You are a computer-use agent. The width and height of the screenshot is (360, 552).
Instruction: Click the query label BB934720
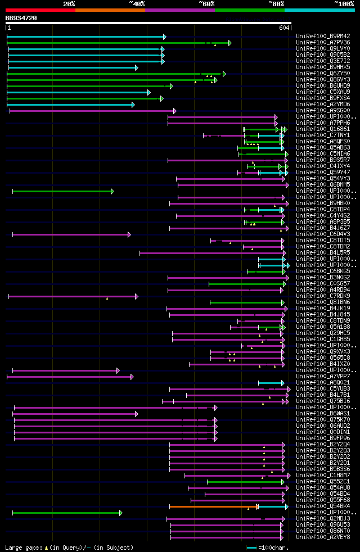pos(21,18)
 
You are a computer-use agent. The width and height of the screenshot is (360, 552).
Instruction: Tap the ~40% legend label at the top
pos(137,3)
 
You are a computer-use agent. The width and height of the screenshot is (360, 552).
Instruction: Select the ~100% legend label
pos(344,3)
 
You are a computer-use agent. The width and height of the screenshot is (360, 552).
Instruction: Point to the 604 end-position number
pos(283,28)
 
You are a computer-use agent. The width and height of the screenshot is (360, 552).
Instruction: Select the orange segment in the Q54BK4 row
pos(213,506)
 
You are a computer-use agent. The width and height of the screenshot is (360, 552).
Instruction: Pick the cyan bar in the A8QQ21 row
pos(271,383)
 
